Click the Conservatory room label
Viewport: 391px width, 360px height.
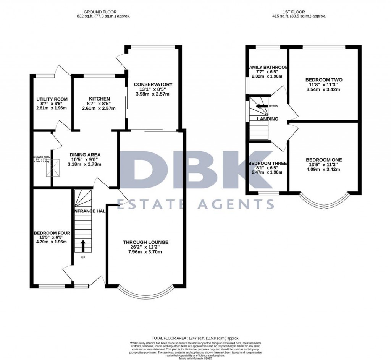[153, 84]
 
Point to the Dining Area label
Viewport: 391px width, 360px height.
[85, 155]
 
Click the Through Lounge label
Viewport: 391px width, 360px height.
[145, 242]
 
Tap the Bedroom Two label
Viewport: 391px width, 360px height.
[323, 80]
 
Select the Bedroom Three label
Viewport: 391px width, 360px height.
[268, 163]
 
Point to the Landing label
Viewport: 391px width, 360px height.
[267, 119]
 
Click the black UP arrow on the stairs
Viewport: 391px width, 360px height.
[82, 245]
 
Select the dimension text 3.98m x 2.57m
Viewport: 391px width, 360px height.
[153, 94]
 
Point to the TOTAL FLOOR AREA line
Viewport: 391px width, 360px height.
[195, 338]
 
